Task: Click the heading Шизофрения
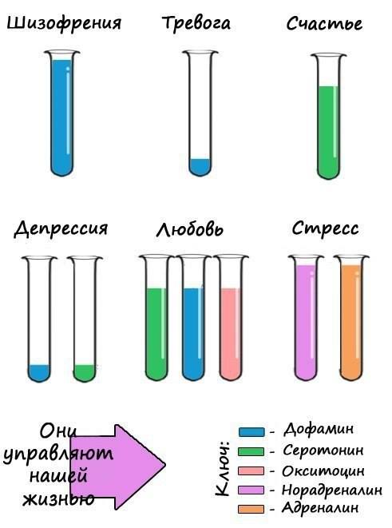point(64,24)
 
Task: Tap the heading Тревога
point(196,23)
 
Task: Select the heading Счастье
point(324,23)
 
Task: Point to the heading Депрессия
point(61,229)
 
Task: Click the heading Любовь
point(190,229)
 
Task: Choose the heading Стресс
point(325,228)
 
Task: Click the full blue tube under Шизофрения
point(62,113)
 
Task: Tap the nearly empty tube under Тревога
point(200,113)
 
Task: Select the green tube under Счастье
point(328,116)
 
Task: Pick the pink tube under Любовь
point(231,318)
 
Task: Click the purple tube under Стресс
point(306,318)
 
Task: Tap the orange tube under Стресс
point(351,318)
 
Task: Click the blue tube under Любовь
point(193,318)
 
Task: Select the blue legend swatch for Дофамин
point(251,432)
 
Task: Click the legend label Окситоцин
point(323,470)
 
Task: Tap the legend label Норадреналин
point(332,490)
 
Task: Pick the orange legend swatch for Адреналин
point(251,509)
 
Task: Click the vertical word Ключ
point(222,468)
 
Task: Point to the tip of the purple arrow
point(165,465)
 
